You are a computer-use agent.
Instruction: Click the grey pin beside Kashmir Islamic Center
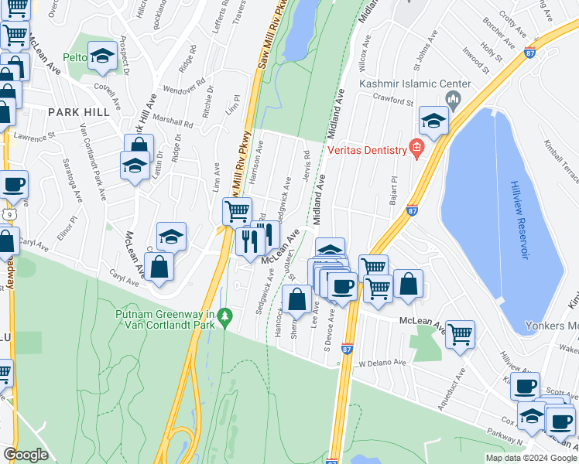click(x=454, y=98)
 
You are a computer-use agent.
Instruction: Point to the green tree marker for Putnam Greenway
click(x=224, y=316)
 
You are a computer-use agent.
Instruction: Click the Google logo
click(x=26, y=455)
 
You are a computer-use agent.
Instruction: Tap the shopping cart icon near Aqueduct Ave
click(x=460, y=334)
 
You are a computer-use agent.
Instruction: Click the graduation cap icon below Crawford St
click(x=434, y=121)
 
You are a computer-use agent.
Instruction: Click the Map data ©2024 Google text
click(x=531, y=458)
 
